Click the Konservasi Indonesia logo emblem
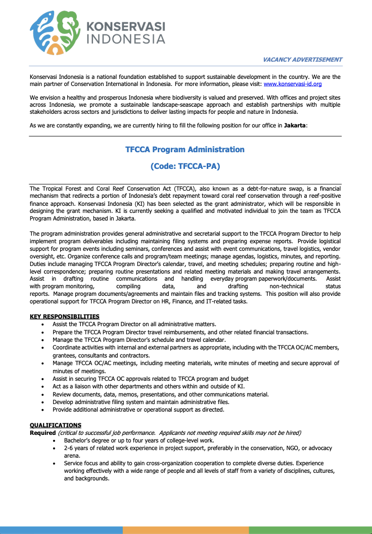click(x=55, y=32)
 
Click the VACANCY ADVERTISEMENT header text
click(x=302, y=60)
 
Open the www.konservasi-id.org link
click(x=293, y=84)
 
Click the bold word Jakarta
click(x=294, y=125)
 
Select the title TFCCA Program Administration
click(x=185, y=150)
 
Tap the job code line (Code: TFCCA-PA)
click(x=185, y=165)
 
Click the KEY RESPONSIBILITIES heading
click(x=65, y=317)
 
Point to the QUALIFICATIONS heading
click(x=56, y=425)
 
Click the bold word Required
click(x=42, y=433)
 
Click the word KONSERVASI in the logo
click(x=126, y=26)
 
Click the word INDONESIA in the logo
click(x=126, y=39)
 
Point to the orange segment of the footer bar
click(x=185, y=530)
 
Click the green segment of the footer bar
click(x=310, y=530)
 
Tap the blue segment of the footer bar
click(x=61, y=530)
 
